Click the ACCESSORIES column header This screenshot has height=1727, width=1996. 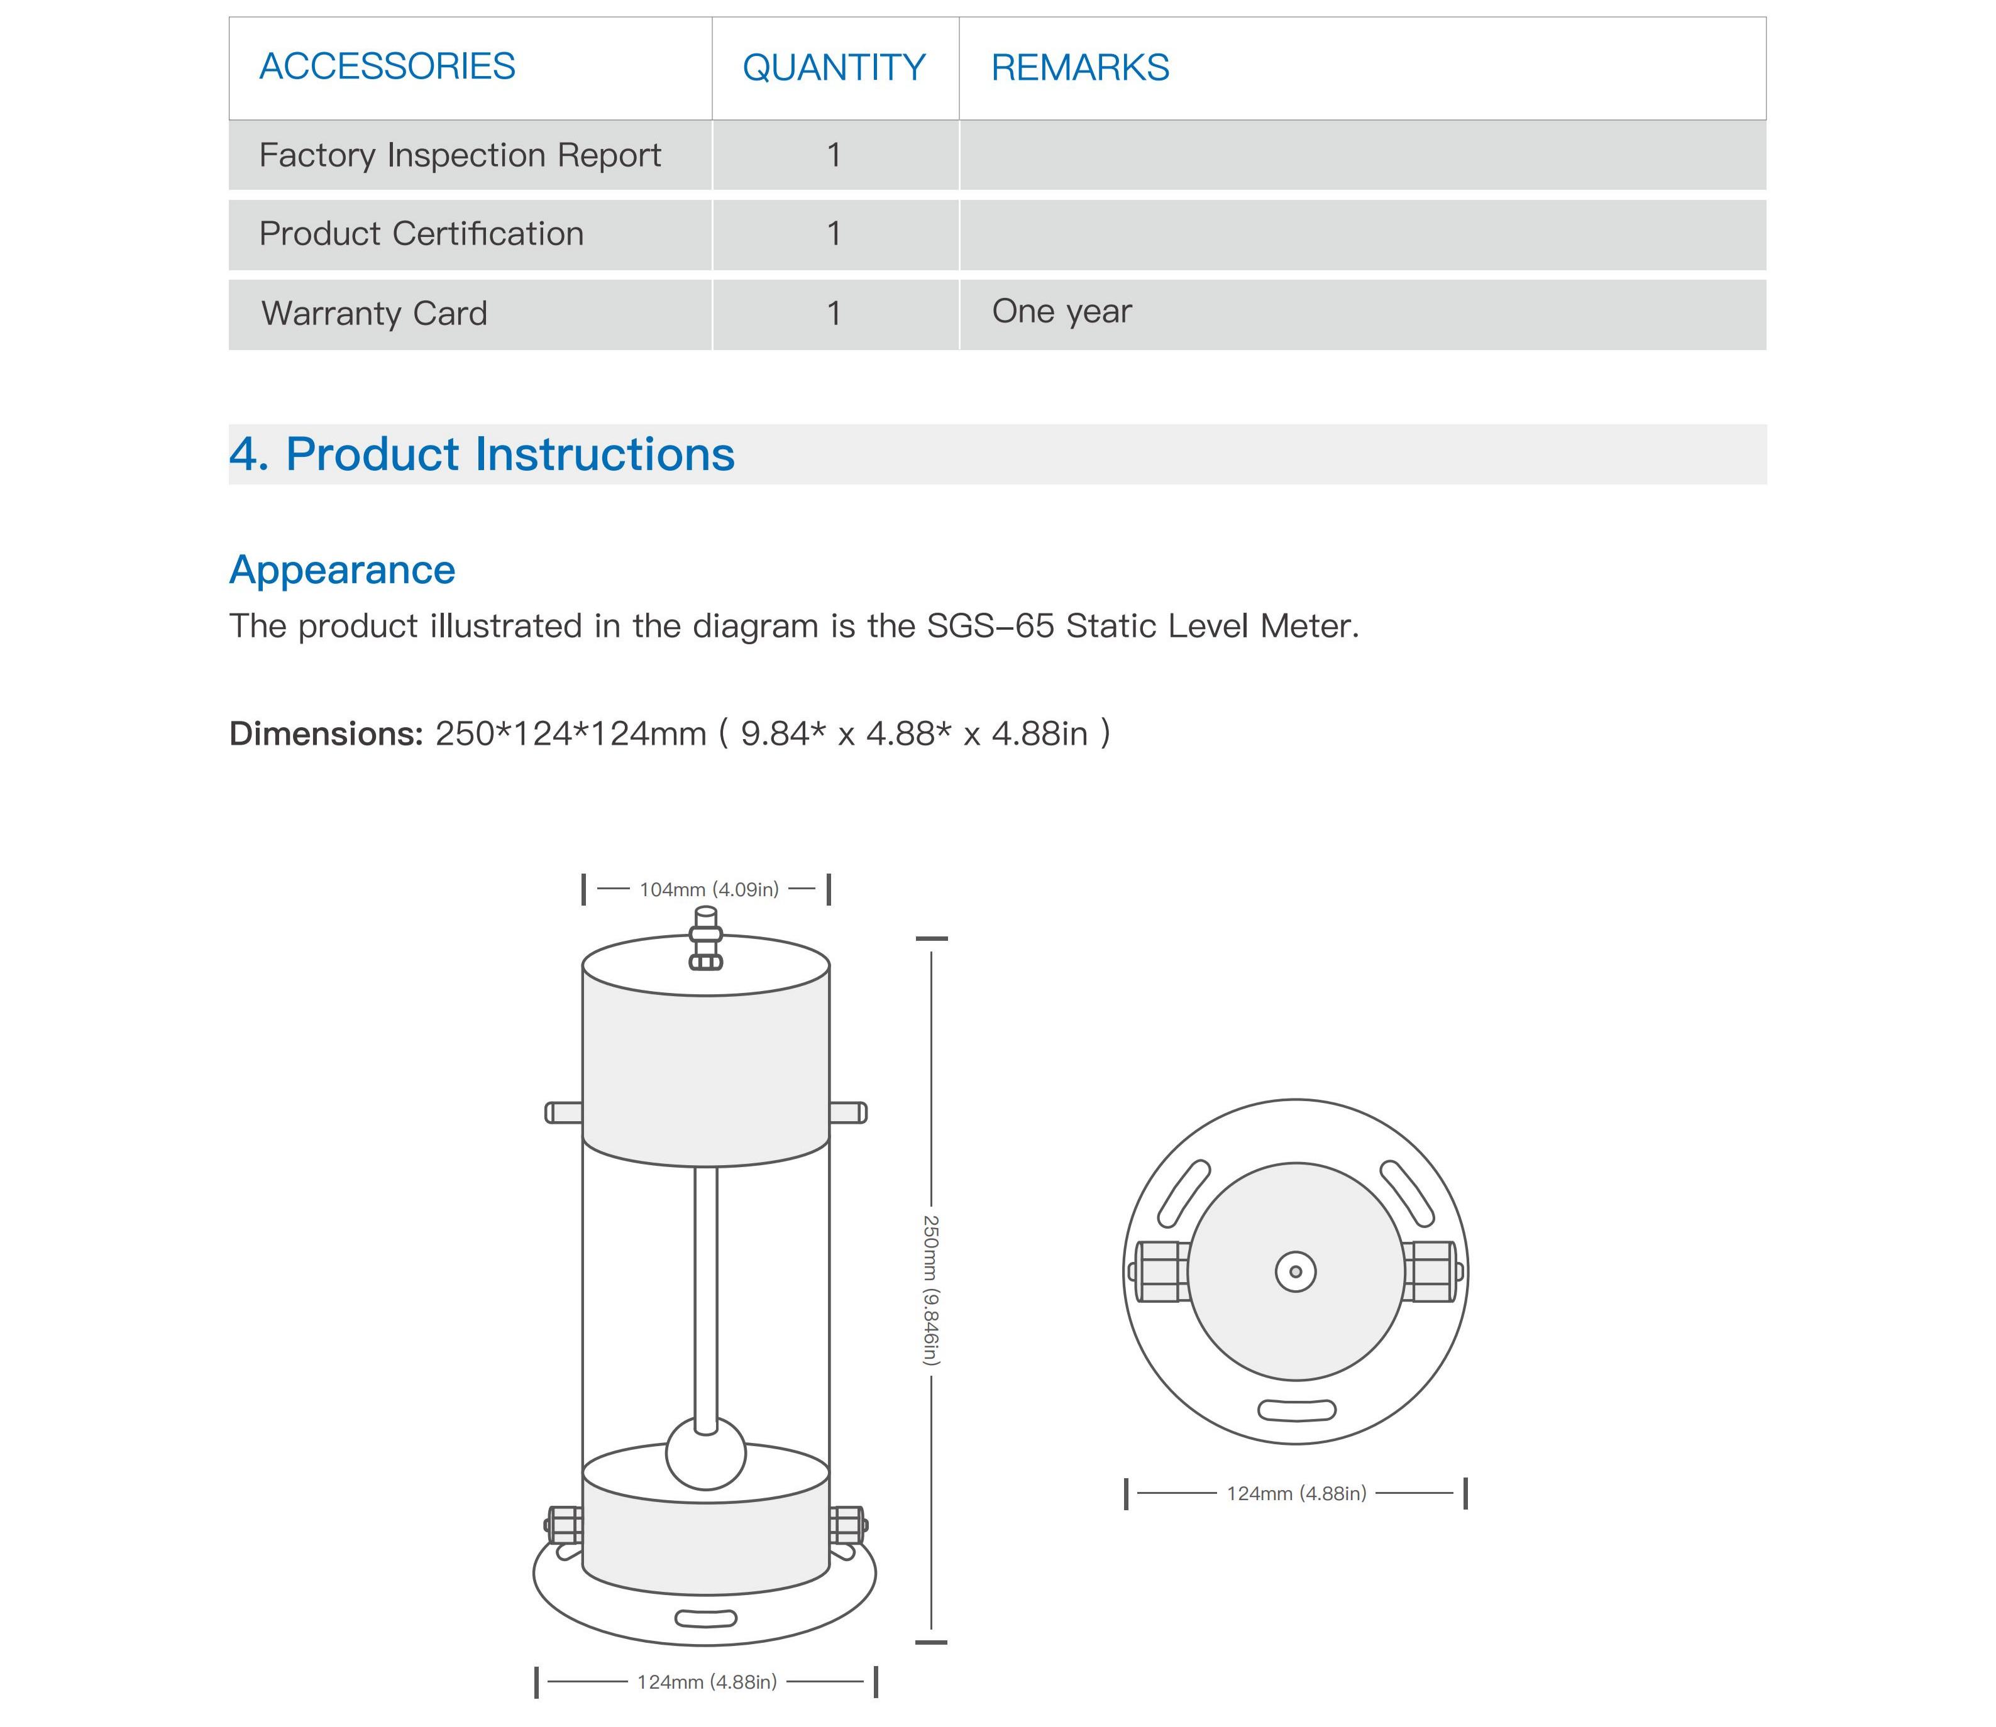(387, 67)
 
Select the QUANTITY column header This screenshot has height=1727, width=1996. (834, 67)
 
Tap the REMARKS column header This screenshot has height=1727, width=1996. (1081, 67)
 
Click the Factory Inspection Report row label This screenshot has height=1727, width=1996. (460, 155)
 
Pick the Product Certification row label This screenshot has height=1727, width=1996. (421, 233)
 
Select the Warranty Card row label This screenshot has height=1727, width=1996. (374, 313)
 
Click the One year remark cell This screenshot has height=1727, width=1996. (1062, 311)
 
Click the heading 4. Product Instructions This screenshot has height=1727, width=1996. (482, 454)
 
